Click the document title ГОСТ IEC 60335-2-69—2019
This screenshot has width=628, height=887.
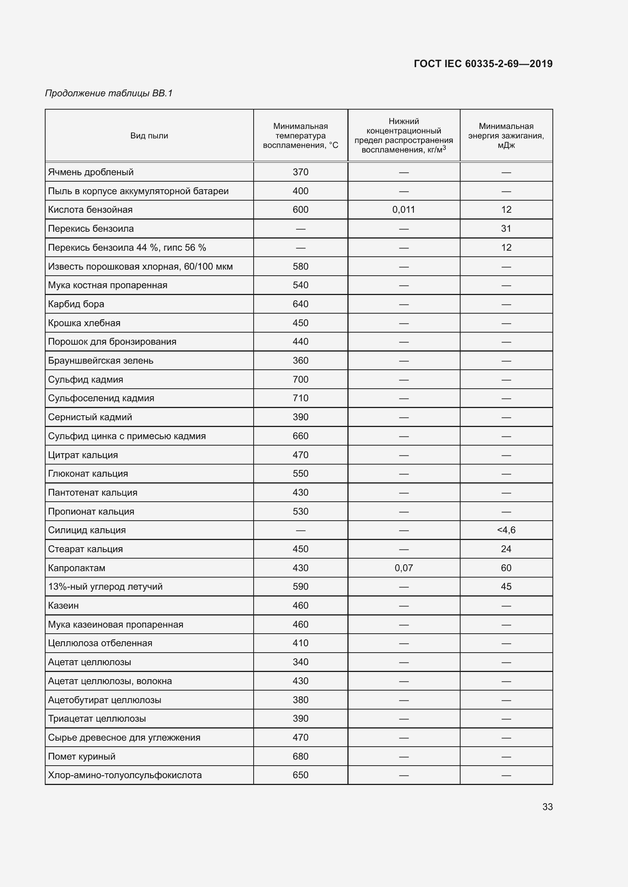point(483,64)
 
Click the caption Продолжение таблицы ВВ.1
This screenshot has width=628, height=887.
point(109,93)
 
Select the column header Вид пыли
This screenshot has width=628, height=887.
point(149,136)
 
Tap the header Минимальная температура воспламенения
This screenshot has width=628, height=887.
point(300,136)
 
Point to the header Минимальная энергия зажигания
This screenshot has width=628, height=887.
point(506,136)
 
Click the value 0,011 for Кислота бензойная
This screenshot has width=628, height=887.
point(403,210)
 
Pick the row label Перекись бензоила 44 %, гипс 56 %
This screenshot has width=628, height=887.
point(127,248)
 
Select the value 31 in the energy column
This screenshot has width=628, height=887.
point(506,229)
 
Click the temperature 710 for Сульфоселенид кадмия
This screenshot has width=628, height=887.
point(300,398)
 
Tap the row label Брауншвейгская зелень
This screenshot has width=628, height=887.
point(101,361)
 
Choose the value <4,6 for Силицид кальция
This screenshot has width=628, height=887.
point(506,531)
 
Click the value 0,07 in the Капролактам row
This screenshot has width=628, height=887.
point(403,568)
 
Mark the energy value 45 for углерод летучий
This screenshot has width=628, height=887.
point(506,587)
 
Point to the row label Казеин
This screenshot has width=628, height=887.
point(63,606)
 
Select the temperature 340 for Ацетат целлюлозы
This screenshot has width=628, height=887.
point(300,662)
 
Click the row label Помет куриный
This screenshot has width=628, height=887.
point(82,757)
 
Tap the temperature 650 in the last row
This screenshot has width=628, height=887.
point(300,776)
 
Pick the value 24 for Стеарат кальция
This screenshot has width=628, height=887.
point(506,549)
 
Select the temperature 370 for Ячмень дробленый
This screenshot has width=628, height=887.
point(300,172)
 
